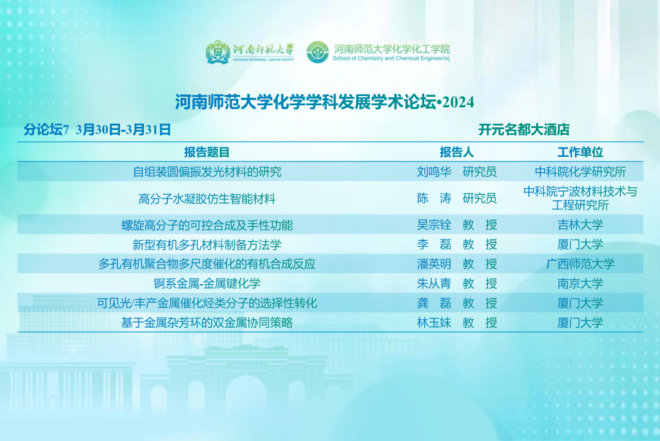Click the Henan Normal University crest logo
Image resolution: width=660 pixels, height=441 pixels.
pos(217,52)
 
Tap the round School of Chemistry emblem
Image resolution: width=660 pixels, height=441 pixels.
pos(318,52)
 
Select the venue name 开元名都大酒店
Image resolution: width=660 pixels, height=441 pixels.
pos(523,130)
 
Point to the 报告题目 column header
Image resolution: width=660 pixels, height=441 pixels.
pos(207,152)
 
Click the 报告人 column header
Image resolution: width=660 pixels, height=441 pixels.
pos(457,152)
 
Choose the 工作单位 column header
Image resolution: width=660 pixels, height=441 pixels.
pos(580,152)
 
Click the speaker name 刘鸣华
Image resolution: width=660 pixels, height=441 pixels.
pos(434,172)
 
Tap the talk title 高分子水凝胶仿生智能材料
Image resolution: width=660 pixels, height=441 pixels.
pos(207,198)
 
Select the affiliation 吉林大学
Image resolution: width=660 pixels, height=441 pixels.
pos(580,225)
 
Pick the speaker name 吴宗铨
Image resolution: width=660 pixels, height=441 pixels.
pos(434,225)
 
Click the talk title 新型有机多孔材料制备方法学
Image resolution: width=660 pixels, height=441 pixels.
pos(207,245)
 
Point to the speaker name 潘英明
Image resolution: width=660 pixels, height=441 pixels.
pos(434,264)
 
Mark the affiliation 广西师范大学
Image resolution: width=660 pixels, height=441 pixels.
pos(580,264)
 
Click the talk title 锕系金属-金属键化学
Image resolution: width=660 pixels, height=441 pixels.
pos(207,284)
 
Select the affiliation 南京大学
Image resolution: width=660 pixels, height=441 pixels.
pos(580,284)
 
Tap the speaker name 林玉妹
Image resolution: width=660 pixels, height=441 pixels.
pos(434,323)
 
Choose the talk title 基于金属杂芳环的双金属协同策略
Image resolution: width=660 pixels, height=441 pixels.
pos(207,323)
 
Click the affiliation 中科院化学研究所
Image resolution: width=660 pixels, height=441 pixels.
pos(580,172)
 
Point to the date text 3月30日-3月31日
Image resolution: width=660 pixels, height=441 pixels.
pos(123,130)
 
